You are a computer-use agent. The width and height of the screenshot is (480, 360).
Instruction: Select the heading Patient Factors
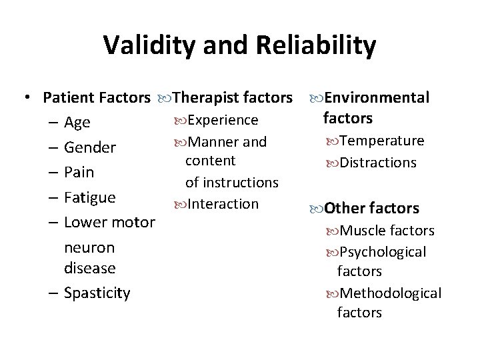click(x=96, y=98)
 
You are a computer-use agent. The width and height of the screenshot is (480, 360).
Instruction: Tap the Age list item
click(x=77, y=123)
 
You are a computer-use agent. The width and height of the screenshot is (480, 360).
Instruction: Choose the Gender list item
click(x=90, y=147)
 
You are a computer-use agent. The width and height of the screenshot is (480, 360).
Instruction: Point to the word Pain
click(x=79, y=172)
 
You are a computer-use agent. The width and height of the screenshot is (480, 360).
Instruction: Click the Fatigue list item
click(x=90, y=197)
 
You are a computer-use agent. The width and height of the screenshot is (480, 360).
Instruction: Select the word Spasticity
click(x=97, y=293)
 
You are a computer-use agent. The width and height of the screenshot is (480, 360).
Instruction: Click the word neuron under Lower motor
click(x=89, y=247)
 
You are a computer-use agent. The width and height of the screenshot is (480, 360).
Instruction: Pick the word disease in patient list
click(x=89, y=268)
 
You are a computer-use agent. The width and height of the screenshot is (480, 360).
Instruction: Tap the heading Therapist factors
click(x=232, y=98)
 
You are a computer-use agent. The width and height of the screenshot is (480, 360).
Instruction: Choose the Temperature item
click(x=381, y=141)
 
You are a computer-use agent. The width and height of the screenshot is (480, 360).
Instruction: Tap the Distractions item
click(x=377, y=163)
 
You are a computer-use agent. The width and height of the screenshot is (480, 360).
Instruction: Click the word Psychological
click(x=383, y=252)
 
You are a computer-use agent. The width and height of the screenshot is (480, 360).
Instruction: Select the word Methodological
click(x=390, y=293)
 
